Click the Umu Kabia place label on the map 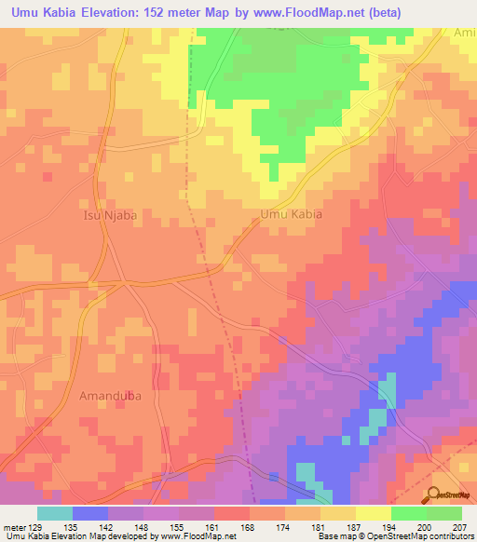pos(290,213)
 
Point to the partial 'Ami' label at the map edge pos(464,33)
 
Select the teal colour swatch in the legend pos(55,513)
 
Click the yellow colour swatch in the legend pos(373,513)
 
